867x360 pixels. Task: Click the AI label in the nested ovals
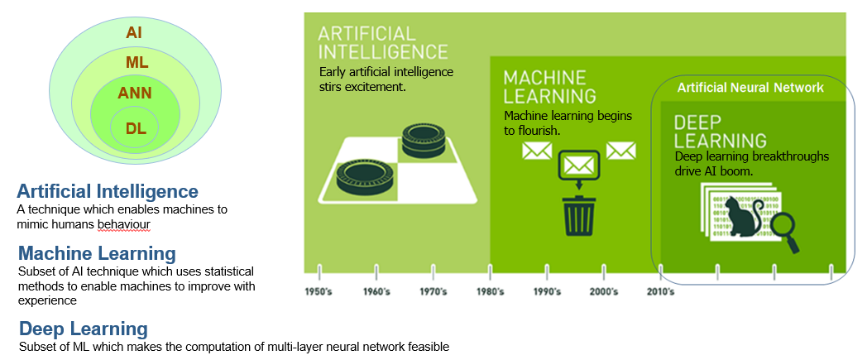point(134,32)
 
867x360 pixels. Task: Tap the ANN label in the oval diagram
point(135,93)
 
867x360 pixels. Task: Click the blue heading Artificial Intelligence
point(108,191)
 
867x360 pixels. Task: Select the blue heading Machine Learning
point(97,252)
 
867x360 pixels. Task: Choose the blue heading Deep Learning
point(84,328)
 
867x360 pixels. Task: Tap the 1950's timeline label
point(319,291)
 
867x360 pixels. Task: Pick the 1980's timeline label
point(490,291)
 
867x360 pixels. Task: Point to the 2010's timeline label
point(659,291)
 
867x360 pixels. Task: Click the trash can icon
point(578,213)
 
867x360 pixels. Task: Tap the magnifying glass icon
point(783,231)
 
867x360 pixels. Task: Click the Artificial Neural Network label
point(750,88)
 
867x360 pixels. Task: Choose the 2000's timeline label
point(604,291)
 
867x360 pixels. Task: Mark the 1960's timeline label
point(376,291)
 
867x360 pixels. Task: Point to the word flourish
point(540,131)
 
